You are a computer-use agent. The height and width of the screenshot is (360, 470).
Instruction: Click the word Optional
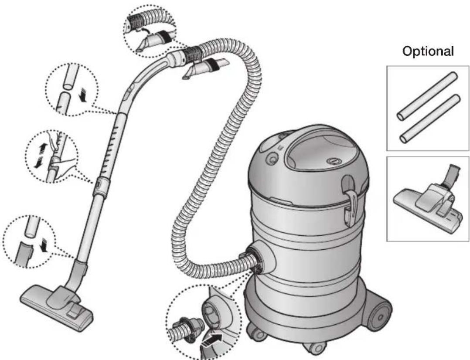[428, 51]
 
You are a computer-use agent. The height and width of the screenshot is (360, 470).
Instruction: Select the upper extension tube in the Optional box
[427, 96]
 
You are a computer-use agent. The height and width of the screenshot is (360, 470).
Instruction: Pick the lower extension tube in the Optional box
[429, 119]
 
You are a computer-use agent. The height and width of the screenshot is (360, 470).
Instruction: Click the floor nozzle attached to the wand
[57, 306]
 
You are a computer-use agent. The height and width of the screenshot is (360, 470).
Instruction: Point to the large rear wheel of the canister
[379, 317]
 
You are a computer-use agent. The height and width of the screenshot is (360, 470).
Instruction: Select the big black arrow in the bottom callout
[212, 340]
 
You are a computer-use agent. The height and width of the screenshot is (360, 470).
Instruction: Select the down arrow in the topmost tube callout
[82, 96]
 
